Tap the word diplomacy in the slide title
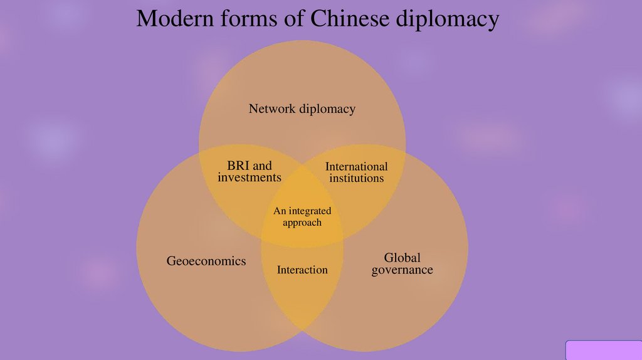pos(447,20)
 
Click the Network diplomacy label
pos(302,109)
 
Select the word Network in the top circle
pos(271,109)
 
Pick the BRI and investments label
pos(250,171)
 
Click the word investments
pos(250,177)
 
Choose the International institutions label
pos(357,172)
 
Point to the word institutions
pos(357,179)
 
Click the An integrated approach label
pos(302,217)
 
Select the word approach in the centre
pos(302,223)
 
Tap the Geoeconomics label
pos(206,261)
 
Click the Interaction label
pos(302,270)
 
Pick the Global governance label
pos(402,264)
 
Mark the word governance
pos(402,270)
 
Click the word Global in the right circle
pos(402,258)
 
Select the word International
pos(357,166)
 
